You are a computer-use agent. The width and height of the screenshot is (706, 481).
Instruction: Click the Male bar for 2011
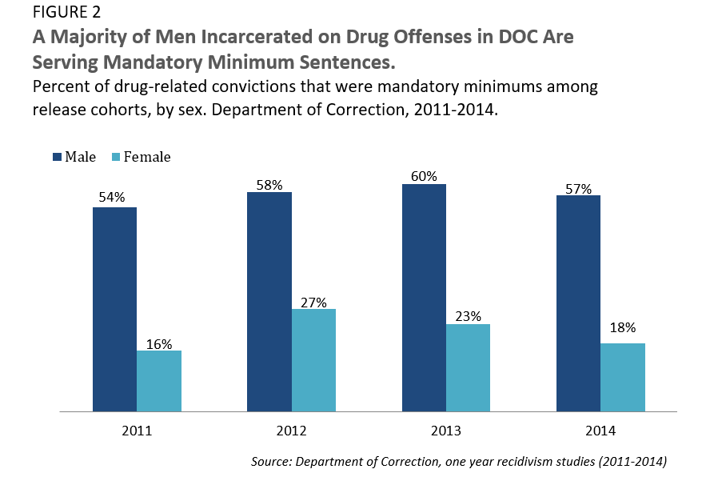[114, 310]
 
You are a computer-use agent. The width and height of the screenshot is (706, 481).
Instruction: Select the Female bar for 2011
[159, 381]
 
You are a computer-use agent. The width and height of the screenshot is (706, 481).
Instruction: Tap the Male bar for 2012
[269, 302]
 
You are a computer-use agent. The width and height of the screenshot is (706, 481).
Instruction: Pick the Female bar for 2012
[313, 360]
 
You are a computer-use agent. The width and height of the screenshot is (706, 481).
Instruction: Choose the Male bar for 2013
[424, 298]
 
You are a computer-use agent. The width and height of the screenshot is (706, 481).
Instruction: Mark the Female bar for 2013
[469, 368]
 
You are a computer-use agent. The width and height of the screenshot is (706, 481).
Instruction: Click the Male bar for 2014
[578, 303]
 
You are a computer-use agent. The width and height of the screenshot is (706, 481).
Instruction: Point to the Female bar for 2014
[623, 378]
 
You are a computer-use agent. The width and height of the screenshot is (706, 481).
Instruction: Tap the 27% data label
[314, 302]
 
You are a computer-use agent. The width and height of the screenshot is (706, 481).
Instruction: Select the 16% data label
[159, 343]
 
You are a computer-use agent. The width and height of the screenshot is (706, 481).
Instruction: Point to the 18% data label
[623, 327]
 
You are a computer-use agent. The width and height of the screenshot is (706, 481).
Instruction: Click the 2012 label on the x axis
[291, 431]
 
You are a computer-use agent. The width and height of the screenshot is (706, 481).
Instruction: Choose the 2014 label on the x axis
[600, 431]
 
